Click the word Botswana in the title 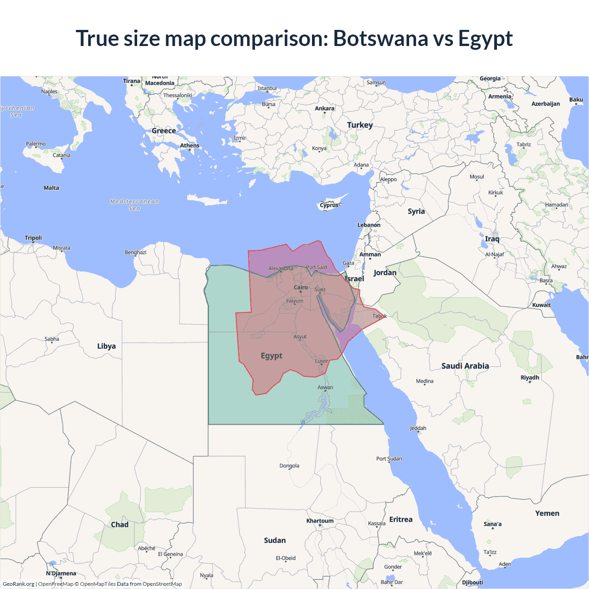pos(380,38)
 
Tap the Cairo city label pos(300,288)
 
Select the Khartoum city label pos(320,521)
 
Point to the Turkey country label pos(360,125)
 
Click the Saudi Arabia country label pos(465,366)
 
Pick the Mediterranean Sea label pos(134,205)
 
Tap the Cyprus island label pos(329,205)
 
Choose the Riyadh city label pos(530,378)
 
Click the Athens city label pos(190,146)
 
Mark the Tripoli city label pos(33,238)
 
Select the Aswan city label pos(325,387)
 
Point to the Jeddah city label pos(418,428)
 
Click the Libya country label pos(106,346)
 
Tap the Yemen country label pos(547,513)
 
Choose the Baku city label pos(576,100)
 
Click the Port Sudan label pos(389,459)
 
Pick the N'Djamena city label pos(61,573)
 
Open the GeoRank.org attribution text pos(18,584)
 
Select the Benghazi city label pos(135,253)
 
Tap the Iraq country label pos(492,239)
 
